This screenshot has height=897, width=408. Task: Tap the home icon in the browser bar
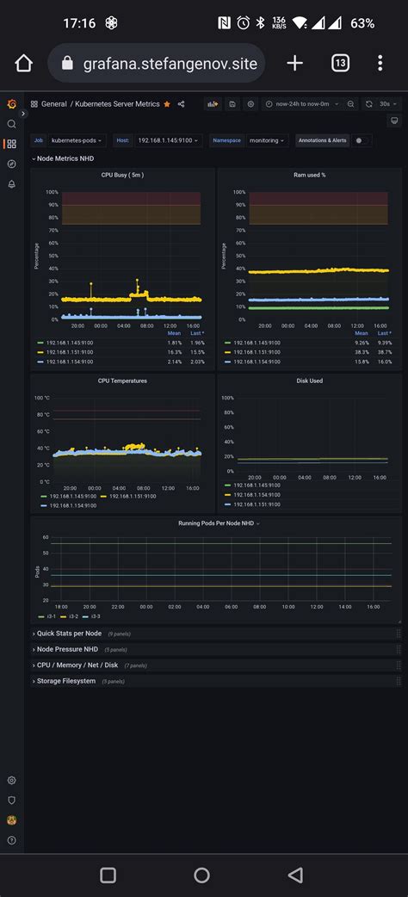point(23,63)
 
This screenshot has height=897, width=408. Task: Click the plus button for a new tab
point(294,63)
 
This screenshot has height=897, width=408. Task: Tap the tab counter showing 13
point(340,63)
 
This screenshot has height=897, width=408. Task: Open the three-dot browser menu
point(380,63)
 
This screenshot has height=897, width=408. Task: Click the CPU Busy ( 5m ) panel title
point(122,175)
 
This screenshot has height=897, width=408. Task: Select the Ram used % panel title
point(309,175)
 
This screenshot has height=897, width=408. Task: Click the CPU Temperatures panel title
point(122,380)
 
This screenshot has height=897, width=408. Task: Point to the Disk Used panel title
point(309,380)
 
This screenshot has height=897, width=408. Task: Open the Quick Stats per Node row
point(69,633)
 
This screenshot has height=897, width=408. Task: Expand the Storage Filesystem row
point(65,681)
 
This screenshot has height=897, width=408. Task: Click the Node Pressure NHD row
point(67,649)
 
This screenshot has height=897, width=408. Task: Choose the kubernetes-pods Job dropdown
point(77,139)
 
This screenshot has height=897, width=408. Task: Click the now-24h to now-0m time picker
point(300,104)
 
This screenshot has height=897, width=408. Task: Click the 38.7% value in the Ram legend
point(384,352)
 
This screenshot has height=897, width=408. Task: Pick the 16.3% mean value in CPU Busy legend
point(174,352)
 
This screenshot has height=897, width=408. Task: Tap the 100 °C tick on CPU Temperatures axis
point(42,398)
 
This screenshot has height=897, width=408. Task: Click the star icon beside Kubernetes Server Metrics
point(167,104)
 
